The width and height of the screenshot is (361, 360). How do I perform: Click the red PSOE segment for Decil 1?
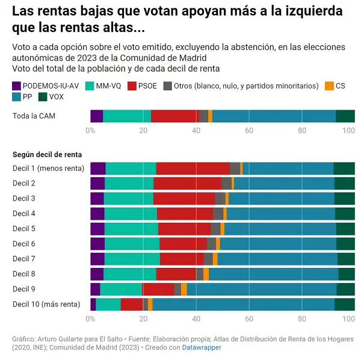(x=193, y=169)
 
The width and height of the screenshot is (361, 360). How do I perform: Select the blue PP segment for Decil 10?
(x=243, y=304)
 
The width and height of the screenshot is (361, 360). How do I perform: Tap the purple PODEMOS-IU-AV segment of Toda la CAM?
(x=96, y=116)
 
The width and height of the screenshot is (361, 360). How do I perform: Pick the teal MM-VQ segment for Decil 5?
(x=131, y=229)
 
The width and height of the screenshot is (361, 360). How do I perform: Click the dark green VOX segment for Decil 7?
(x=346, y=259)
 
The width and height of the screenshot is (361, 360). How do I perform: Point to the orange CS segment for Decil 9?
(x=184, y=289)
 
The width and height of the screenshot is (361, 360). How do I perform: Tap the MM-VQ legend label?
(x=109, y=86)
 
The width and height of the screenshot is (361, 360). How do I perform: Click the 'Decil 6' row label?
(x=24, y=244)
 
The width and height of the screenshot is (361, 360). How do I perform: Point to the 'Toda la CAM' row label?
(x=34, y=116)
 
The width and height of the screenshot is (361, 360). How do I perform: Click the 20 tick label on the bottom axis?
(x=143, y=319)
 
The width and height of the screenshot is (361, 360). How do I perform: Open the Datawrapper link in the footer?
(x=202, y=347)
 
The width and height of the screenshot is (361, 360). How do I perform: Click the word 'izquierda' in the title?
(x=306, y=11)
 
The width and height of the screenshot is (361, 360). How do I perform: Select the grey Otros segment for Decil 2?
(x=226, y=184)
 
